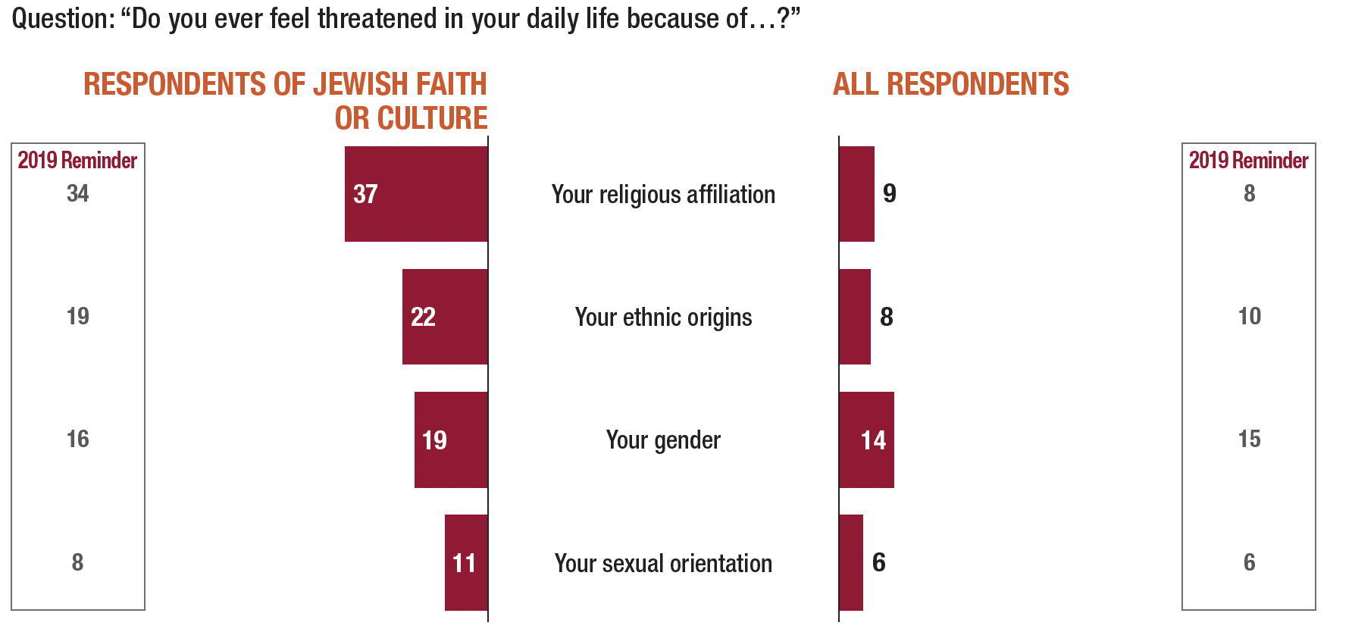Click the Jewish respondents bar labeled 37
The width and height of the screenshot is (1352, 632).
coord(416,194)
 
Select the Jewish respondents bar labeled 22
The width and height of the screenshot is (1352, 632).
coord(445,317)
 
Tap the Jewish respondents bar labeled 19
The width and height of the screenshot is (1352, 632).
coord(451,440)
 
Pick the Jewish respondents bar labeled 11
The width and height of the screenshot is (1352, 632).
coord(466,562)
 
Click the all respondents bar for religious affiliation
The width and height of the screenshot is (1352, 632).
coord(856,194)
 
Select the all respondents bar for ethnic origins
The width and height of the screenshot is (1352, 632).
coord(855,317)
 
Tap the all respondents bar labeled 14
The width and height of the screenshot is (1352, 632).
coord(866,440)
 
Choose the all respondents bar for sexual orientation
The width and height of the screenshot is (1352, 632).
coord(851,562)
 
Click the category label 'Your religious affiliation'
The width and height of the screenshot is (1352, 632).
coord(663,195)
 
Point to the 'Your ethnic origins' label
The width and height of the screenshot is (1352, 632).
coord(663,318)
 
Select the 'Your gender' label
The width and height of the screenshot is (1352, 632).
coord(663,440)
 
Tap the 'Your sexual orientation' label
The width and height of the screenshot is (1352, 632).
coord(663,564)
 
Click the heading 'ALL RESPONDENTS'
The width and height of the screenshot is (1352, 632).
coord(950,84)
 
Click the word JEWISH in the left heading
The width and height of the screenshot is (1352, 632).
coord(361,84)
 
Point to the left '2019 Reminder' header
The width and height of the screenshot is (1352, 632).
coord(77,161)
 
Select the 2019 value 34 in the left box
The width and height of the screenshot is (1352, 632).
coord(77,194)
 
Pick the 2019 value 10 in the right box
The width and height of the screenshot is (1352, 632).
coord(1249,317)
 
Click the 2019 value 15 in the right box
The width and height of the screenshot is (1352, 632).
coord(1249,440)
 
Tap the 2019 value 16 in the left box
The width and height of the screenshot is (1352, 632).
coord(77,440)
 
